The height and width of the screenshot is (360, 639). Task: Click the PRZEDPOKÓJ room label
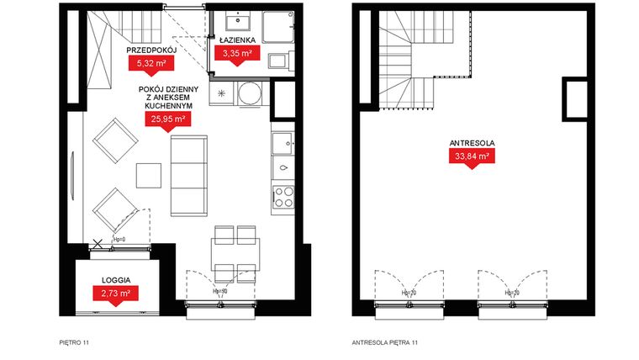coord(150,50)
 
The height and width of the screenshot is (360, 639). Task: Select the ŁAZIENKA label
coord(237,40)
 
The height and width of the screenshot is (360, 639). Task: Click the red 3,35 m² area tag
coord(237,53)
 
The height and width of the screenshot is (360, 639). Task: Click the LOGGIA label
coord(115,278)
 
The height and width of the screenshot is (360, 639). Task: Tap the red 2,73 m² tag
coord(115,293)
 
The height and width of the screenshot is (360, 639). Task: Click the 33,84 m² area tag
coord(471,156)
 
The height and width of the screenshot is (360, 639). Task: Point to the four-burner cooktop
coord(283,197)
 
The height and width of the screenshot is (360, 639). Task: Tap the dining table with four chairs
coord(235,253)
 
